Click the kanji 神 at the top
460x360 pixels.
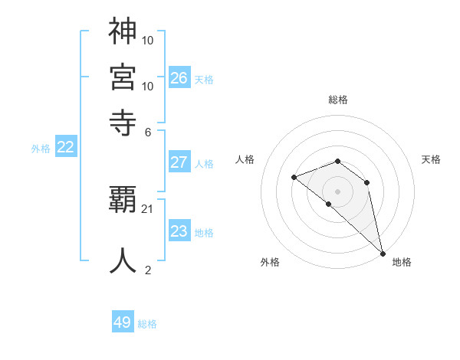tap(123, 31)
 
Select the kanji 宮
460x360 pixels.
tap(123, 77)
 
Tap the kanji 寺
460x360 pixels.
tap(123, 121)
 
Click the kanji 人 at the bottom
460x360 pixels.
tap(123, 259)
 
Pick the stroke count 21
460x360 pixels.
tap(148, 209)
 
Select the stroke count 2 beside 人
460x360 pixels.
tap(148, 269)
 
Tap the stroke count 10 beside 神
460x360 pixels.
tap(148, 40)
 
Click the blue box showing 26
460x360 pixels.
tap(179, 78)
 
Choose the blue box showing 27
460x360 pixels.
tap(179, 162)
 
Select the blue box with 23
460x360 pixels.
tap(179, 231)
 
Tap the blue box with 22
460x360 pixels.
tap(65, 148)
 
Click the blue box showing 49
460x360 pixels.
tap(123, 322)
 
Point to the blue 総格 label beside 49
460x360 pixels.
tap(147, 324)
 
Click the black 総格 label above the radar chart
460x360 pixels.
tap(338, 100)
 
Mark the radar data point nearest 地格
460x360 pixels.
tap(382, 253)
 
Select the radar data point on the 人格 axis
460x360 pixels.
tap(294, 177)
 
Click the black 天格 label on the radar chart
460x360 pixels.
tap(432, 159)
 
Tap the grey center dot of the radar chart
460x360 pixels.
tap(338, 191)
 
